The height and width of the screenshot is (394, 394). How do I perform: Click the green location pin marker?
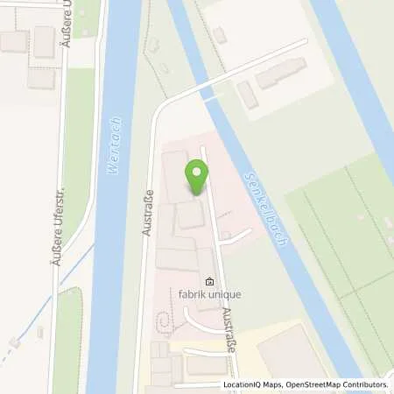click(x=197, y=177)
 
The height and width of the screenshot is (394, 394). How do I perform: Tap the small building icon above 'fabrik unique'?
click(x=209, y=282)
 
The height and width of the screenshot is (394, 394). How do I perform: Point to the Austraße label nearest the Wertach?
click(x=148, y=212)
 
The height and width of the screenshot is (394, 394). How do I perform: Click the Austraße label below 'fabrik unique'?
click(x=229, y=331)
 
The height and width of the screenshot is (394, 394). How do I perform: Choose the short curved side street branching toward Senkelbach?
click(x=237, y=234)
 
